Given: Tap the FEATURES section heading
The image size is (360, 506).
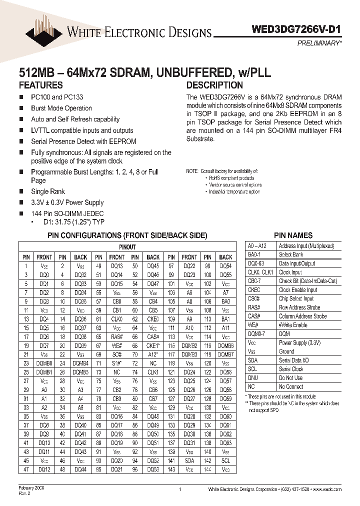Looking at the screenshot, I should [41, 85].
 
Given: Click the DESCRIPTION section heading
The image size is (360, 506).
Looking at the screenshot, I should [214, 85].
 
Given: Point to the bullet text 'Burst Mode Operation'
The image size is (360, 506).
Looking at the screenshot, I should [61, 108].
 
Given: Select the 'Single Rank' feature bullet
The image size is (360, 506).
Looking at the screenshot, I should [48, 191].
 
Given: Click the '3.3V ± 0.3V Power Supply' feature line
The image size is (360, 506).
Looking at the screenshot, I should [67, 202].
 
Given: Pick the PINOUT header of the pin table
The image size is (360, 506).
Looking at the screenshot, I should [127, 247].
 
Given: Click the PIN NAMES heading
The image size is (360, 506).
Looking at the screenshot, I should [293, 235].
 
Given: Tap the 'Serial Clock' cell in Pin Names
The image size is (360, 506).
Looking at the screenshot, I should [291, 369].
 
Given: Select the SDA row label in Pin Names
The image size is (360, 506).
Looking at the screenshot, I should [253, 360].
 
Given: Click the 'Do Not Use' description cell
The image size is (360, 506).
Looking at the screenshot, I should [290, 378].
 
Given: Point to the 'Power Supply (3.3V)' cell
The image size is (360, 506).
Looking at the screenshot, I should [299, 342].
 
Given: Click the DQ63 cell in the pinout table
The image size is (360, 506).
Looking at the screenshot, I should [226, 442].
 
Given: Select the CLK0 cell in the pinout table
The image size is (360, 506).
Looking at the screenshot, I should [117, 318].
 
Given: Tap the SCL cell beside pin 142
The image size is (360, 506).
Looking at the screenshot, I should [226, 460].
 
